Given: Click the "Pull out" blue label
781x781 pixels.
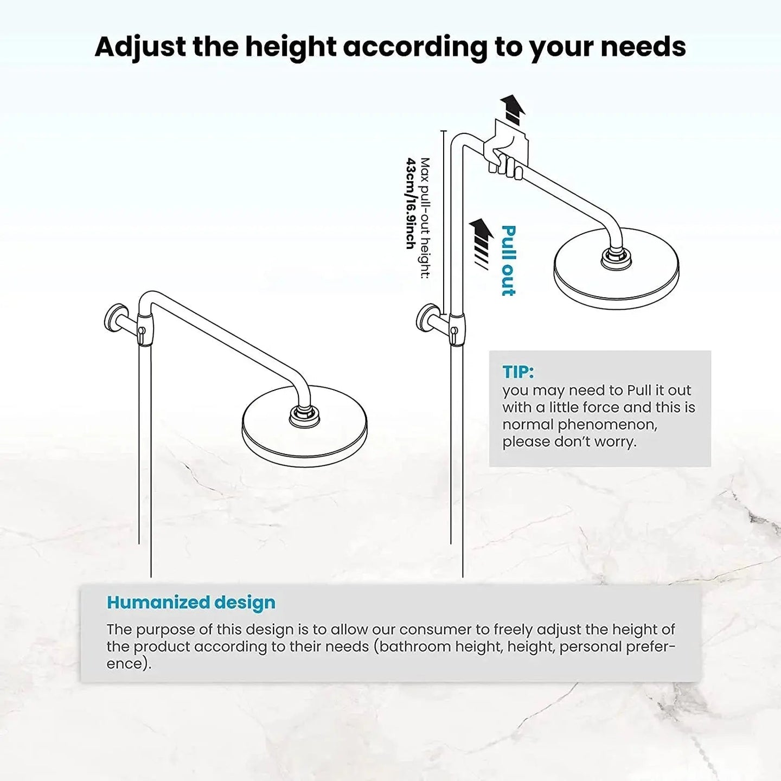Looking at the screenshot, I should tap(508, 261).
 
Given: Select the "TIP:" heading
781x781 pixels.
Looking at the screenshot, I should tap(518, 372).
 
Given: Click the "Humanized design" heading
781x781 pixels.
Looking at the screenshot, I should tap(191, 603).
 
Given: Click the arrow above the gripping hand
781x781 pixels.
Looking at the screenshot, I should tap(513, 109).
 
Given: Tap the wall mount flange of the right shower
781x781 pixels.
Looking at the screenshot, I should tap(424, 321).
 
